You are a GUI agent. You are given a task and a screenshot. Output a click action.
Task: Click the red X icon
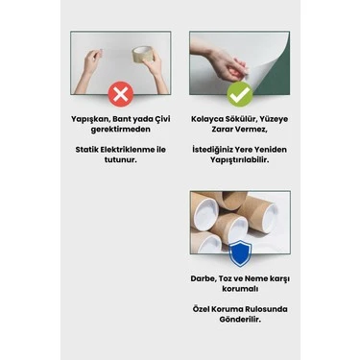(120, 94)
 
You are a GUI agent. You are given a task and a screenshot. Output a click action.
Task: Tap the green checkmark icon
(240, 94)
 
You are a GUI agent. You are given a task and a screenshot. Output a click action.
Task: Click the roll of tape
(142, 55)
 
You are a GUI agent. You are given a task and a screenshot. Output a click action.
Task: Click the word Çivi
(162, 119)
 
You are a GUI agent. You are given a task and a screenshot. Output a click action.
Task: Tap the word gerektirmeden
(120, 130)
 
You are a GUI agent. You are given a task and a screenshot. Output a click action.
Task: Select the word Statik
(86, 150)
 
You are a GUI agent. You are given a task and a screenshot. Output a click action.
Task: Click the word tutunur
(120, 159)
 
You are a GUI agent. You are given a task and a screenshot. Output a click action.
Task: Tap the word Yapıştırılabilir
(239, 160)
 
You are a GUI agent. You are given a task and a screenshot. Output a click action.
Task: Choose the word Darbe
(204, 279)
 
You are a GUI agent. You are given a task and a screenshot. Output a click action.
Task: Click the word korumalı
(240, 289)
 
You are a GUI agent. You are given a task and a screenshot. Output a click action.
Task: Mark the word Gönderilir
(240, 320)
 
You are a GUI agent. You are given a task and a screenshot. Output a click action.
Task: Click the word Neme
(257, 279)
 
